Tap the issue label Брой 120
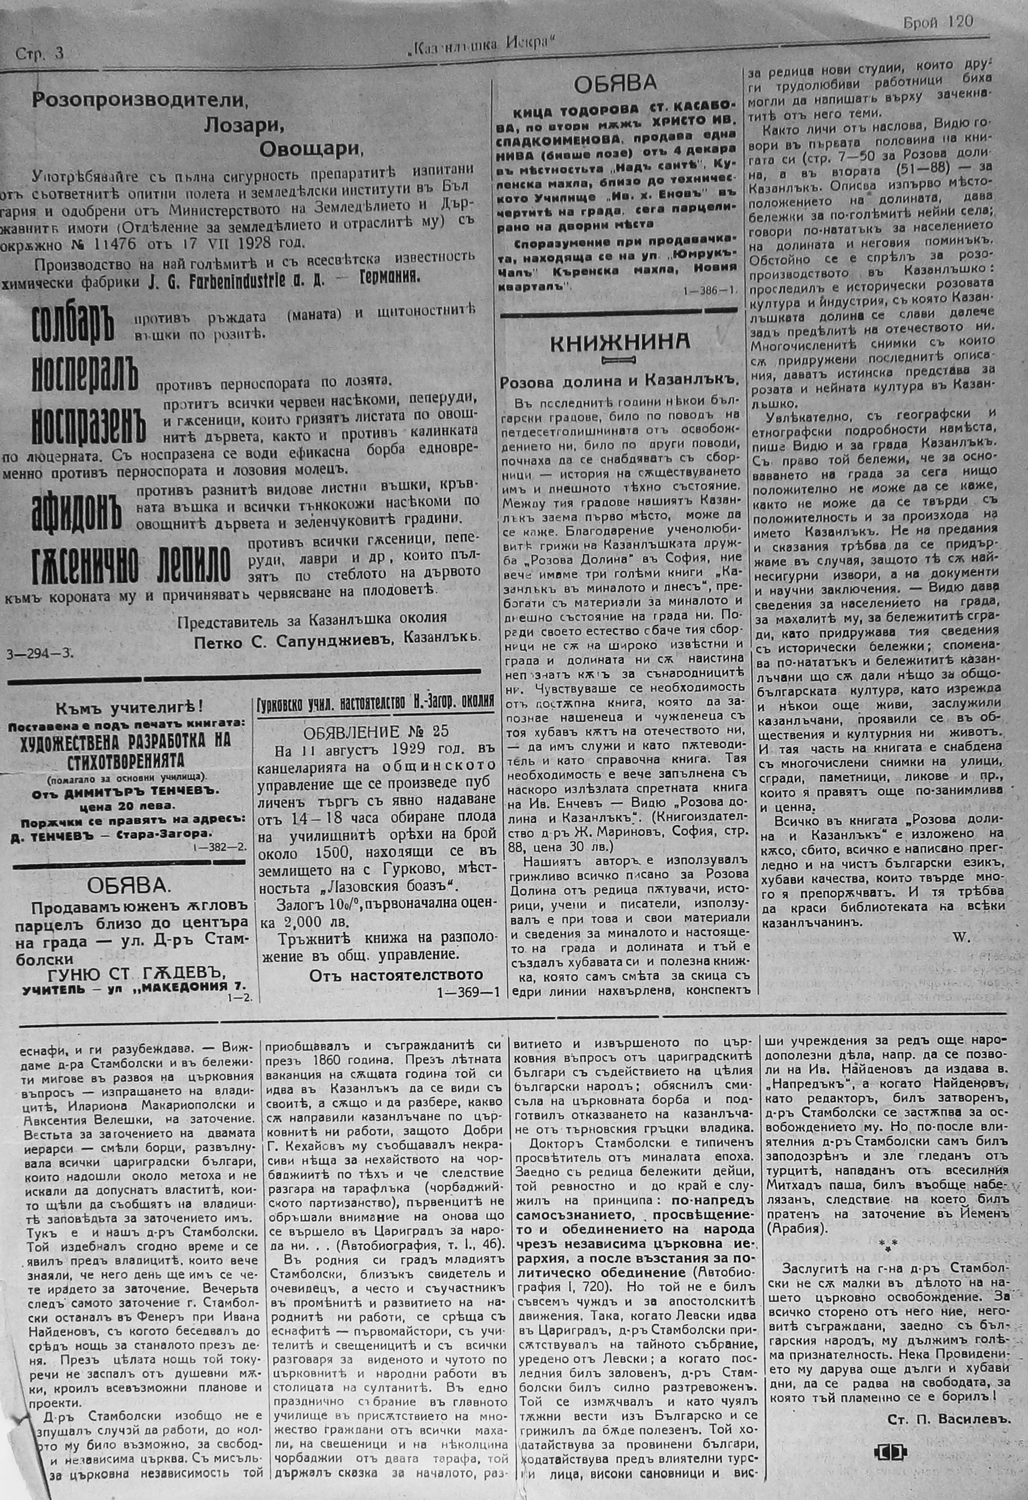click(x=937, y=22)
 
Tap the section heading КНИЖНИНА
click(x=619, y=344)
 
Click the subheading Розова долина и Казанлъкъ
click(x=619, y=382)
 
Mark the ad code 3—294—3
click(x=39, y=652)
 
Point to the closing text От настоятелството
click(x=396, y=974)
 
